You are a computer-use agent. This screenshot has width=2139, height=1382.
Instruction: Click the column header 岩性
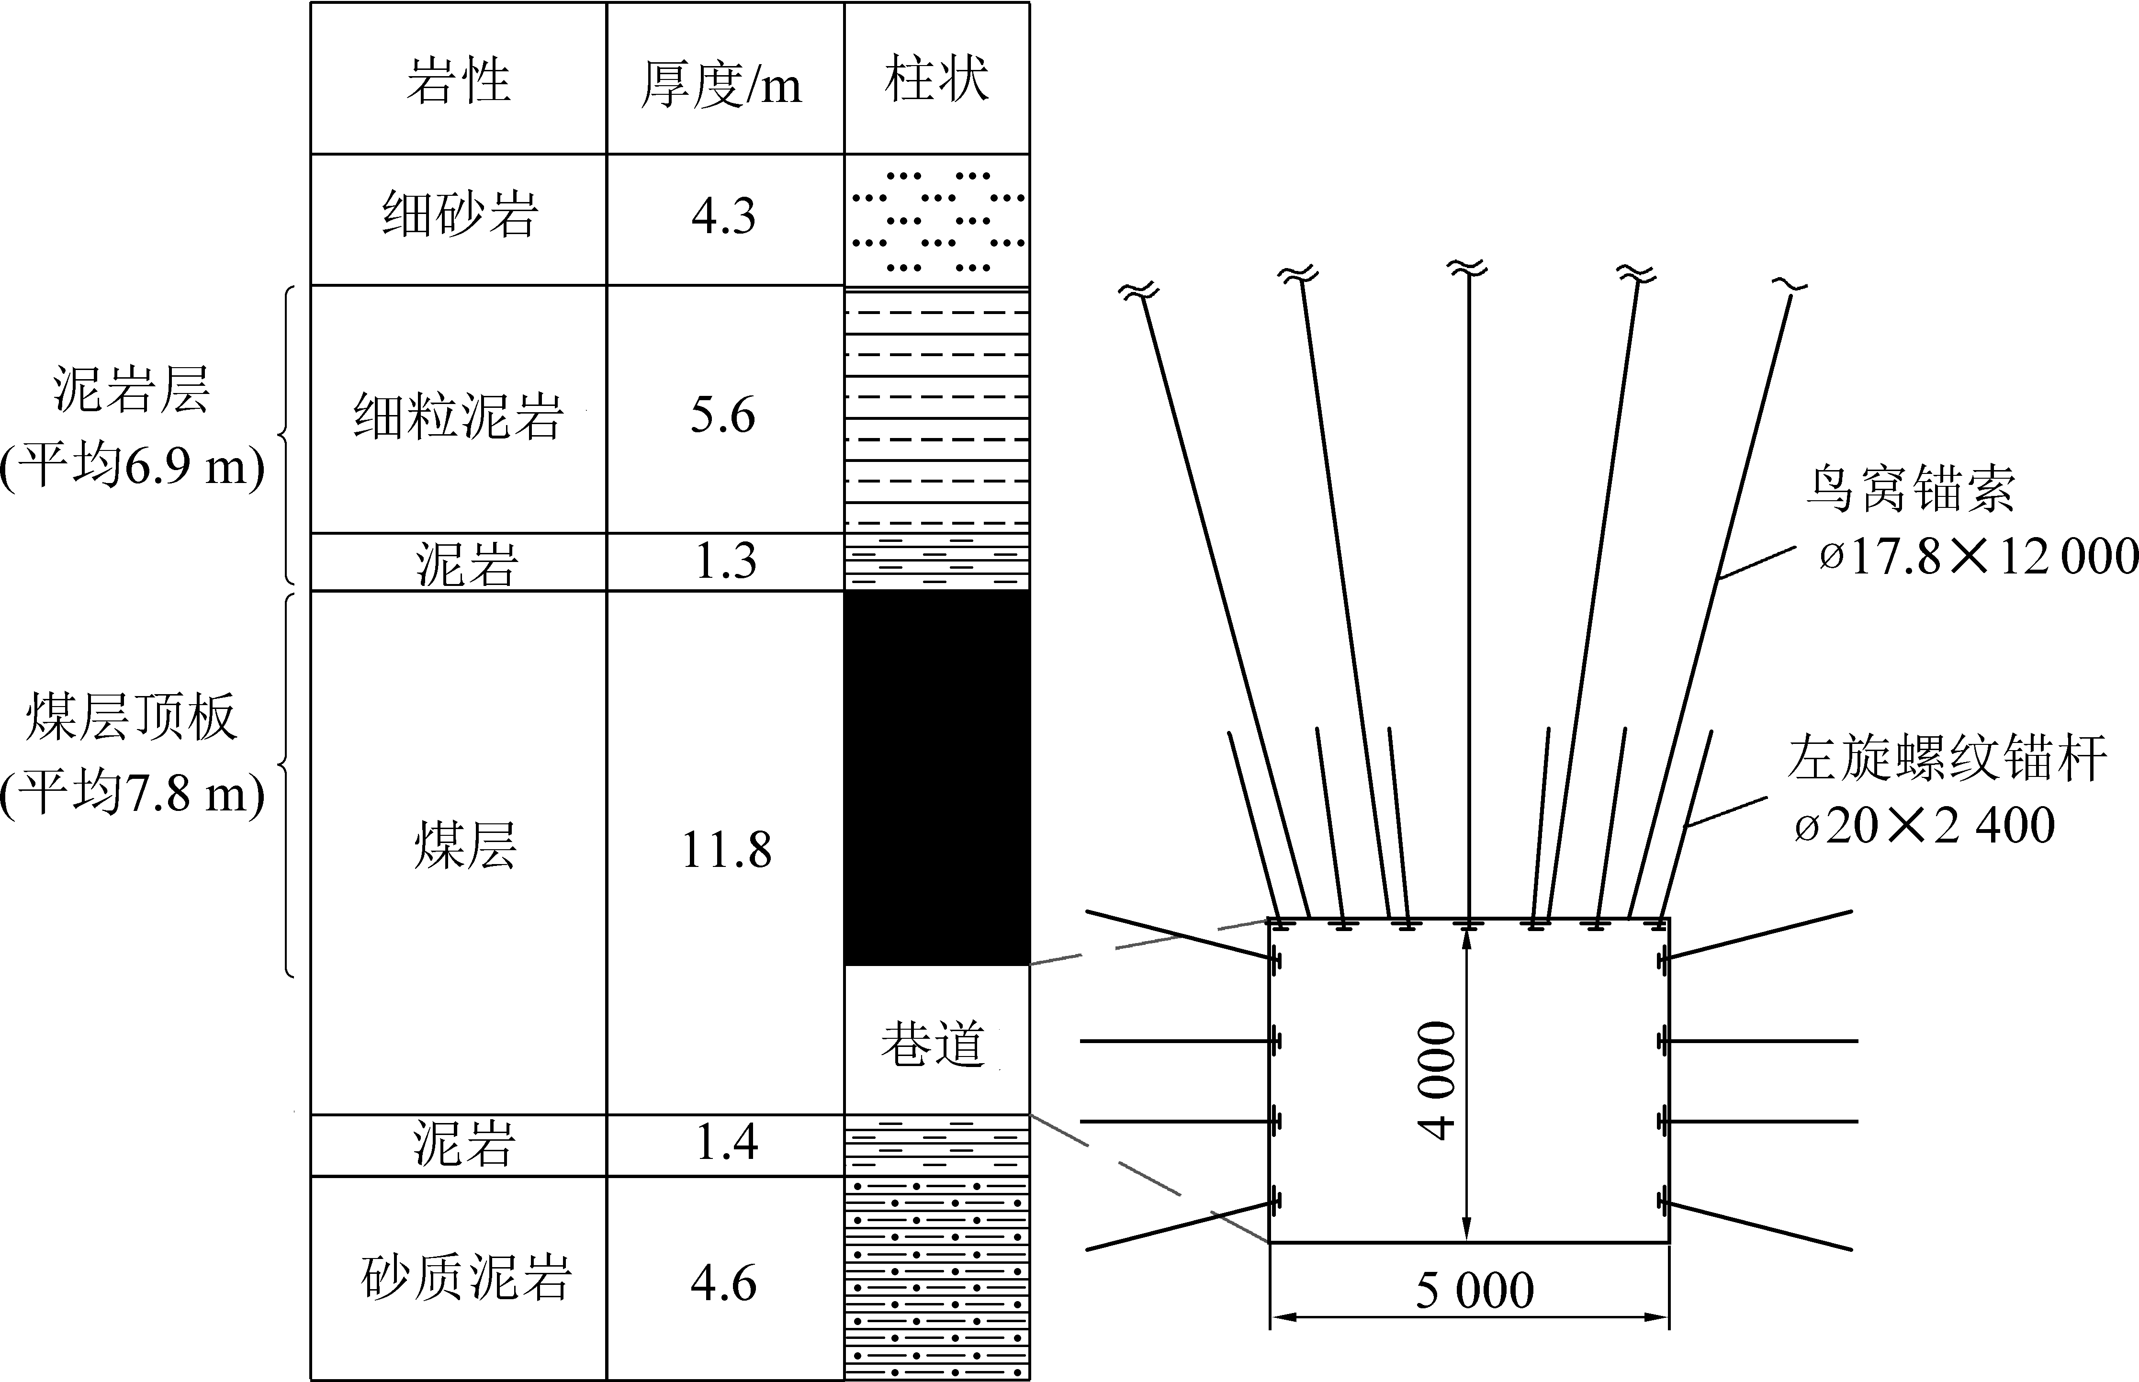459,81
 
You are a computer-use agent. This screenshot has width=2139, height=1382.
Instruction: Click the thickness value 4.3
723,216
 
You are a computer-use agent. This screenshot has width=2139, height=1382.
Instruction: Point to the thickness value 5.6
723,415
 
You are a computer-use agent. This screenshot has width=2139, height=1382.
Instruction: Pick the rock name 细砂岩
460,215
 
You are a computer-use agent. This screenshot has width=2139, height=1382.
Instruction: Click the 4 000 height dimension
1437,1080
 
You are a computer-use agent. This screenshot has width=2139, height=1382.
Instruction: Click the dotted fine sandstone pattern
937,220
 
